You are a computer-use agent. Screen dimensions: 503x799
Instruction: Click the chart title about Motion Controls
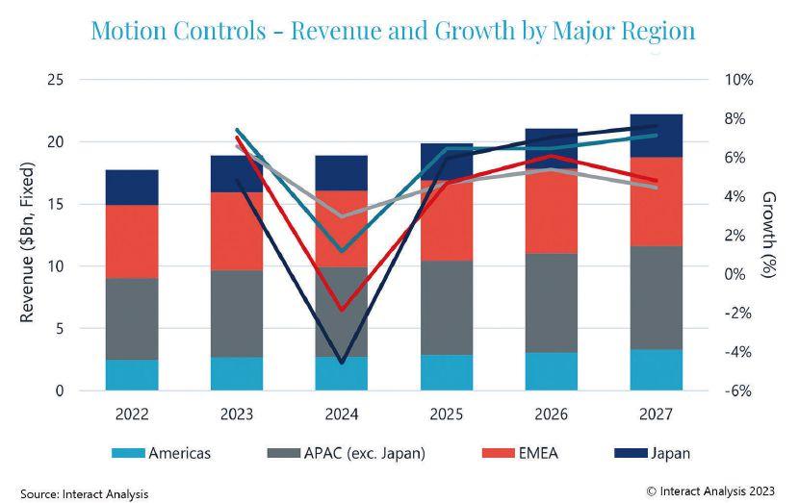[x=392, y=30]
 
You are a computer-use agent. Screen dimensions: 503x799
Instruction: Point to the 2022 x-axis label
[x=132, y=415]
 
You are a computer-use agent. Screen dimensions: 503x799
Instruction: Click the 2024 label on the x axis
[x=342, y=415]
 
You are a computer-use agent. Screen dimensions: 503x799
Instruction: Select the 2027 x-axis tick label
[x=657, y=415]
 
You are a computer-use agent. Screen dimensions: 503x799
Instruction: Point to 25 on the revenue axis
[x=55, y=80]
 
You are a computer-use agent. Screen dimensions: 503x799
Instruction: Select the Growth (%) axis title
[x=769, y=235]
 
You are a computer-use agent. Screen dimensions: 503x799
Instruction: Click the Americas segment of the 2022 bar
[x=132, y=375]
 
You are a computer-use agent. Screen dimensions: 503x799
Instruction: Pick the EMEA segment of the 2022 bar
[x=132, y=241]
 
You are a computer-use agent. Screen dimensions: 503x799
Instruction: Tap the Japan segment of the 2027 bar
[x=657, y=136]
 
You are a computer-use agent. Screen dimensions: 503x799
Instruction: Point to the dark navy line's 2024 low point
[x=342, y=363]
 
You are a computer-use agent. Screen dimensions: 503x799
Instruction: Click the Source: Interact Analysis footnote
[x=85, y=493]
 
